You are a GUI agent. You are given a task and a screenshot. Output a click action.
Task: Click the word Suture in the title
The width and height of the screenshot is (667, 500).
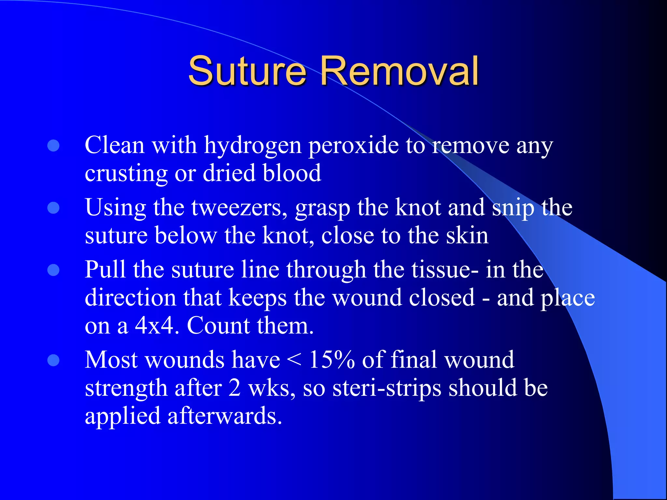pos(247,71)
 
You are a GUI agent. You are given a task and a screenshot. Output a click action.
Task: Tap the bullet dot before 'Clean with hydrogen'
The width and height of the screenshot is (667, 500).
pos(53,146)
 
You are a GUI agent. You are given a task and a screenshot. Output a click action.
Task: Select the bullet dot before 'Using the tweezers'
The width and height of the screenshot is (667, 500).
pos(53,208)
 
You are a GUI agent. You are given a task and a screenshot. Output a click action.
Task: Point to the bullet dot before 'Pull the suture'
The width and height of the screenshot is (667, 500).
pos(53,270)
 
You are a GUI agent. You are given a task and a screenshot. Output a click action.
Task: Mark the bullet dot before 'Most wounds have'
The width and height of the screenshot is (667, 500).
pos(53,360)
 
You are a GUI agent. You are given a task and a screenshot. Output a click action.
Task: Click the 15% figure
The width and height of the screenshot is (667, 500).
pos(332,360)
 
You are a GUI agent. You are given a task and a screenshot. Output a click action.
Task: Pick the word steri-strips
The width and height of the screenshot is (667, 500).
pos(387,388)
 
